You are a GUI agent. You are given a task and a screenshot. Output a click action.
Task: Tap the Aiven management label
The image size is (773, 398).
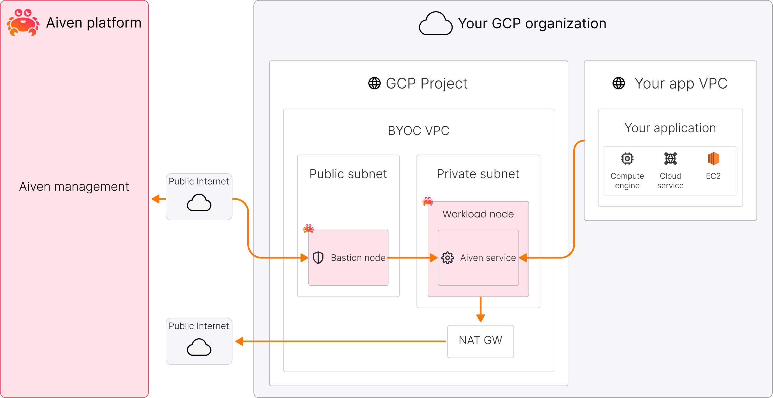tap(74, 187)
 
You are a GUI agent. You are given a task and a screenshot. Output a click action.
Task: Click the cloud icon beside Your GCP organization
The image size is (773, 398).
tap(436, 24)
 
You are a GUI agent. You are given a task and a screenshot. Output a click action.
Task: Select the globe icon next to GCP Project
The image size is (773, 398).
tap(374, 83)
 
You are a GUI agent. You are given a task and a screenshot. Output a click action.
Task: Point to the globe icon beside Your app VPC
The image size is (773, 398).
tap(618, 83)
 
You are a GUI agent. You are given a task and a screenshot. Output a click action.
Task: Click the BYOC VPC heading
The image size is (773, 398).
tap(418, 131)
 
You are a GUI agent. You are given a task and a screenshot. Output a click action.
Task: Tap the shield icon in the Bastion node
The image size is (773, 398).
tap(318, 258)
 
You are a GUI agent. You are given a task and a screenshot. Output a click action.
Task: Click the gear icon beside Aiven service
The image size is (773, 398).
tap(448, 258)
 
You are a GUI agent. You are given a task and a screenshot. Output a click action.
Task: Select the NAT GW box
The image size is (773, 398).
tap(480, 341)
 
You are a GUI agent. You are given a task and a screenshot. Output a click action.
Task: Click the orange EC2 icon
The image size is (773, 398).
tap(713, 158)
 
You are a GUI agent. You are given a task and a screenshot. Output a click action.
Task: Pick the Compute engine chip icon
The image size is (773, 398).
tap(627, 158)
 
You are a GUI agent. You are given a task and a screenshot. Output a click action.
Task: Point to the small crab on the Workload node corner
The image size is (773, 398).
tap(428, 201)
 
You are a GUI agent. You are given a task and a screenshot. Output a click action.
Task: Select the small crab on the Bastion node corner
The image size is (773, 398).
tap(308, 229)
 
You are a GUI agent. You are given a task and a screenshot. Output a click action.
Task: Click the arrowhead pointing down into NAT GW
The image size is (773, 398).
tap(480, 318)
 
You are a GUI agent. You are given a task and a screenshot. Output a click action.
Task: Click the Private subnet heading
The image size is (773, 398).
tap(478, 174)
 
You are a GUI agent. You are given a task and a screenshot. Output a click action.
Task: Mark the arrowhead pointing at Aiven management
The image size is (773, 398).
tap(156, 199)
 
